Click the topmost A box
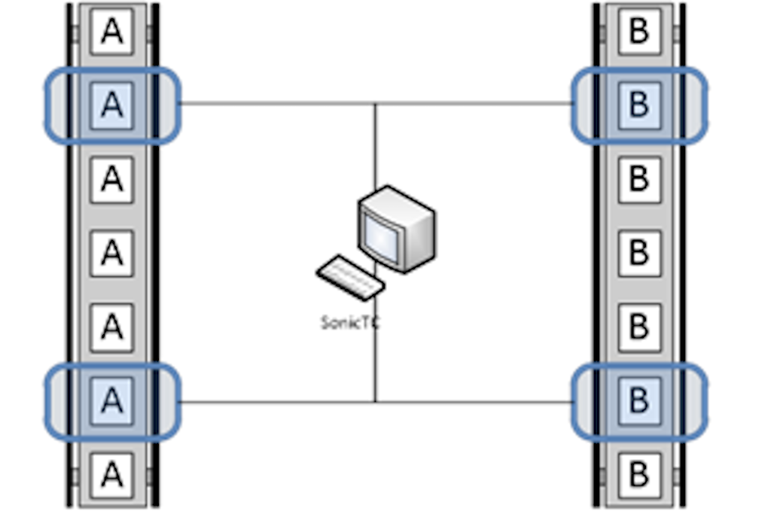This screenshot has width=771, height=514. click(112, 32)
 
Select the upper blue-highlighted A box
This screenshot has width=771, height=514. click(112, 105)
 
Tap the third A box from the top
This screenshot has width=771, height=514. click(112, 180)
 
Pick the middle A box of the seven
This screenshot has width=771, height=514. click(112, 254)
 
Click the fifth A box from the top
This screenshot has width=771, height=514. click(112, 328)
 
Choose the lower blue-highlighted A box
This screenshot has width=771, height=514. click(112, 401)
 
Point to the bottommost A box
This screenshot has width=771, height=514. click(112, 476)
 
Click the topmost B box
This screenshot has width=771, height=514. click(639, 32)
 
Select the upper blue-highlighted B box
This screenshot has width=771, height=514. click(639, 105)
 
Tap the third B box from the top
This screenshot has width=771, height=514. click(639, 180)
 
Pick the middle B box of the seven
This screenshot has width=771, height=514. click(639, 254)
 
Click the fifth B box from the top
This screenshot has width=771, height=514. click(639, 328)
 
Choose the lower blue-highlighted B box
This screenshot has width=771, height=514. click(639, 401)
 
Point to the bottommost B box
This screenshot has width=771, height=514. click(639, 476)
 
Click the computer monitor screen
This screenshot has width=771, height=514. click(381, 236)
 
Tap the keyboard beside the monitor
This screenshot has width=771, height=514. click(350, 278)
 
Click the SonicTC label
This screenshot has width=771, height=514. click(350, 323)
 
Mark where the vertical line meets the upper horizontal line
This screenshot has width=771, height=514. click(376, 104)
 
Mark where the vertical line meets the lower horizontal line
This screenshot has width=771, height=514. click(376, 403)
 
